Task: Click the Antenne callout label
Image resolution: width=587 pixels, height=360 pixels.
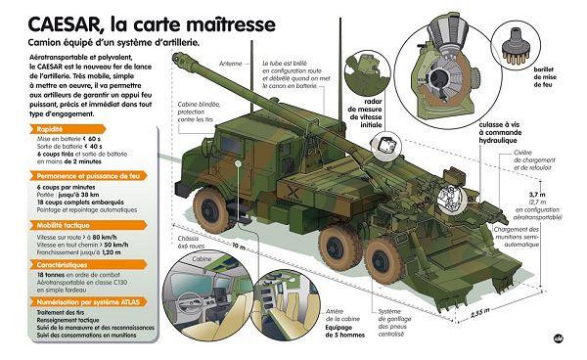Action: click(232, 62)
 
